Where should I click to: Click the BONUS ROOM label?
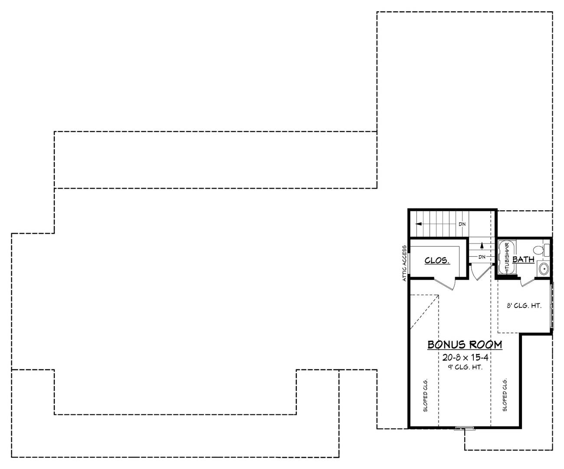[x=465, y=345]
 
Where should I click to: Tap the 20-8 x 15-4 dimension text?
[x=465, y=358]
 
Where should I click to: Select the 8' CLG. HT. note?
[x=524, y=306]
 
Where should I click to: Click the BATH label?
[x=523, y=260]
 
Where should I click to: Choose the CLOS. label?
[x=437, y=261]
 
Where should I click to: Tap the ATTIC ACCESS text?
[x=404, y=264]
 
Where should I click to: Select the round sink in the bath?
[x=543, y=269]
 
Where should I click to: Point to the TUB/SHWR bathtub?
[x=506, y=257]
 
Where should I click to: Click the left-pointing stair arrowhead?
[x=418, y=224]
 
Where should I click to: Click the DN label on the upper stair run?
[x=462, y=224]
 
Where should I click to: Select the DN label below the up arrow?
[x=482, y=257]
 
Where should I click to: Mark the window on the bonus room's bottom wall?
[x=464, y=429]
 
